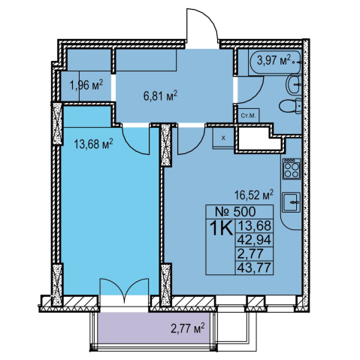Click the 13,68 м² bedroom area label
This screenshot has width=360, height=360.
pos(93,144)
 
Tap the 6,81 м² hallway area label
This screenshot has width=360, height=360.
pos(160,95)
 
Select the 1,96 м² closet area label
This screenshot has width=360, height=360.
pos(86,85)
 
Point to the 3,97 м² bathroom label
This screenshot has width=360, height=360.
pos(274,60)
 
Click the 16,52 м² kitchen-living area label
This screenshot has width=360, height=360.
pos(254,195)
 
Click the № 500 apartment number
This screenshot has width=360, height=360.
pos(235,212)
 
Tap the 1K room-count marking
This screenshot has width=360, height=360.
pos(221,228)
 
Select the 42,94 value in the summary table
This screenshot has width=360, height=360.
pos(254,241)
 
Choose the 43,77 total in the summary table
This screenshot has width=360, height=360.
pos(254,268)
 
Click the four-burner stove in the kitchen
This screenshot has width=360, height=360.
pos(292,168)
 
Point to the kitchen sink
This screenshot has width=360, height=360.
pos(292,202)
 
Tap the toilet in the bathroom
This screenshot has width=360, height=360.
pos(291,106)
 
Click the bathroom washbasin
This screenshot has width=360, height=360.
pos(294,84)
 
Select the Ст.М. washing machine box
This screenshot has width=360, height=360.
pos(249,116)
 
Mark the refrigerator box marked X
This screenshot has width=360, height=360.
pos(223,138)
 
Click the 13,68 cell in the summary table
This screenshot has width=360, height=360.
pos(254,225)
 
